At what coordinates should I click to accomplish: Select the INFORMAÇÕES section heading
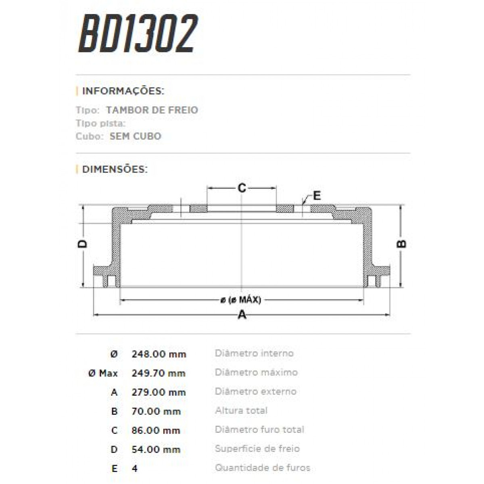tap(123, 91)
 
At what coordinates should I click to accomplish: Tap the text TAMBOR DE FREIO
tap(152, 110)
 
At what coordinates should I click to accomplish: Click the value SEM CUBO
tap(135, 136)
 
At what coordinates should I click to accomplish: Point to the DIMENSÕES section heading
tap(115, 169)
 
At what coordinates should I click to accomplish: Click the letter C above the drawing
tap(242, 188)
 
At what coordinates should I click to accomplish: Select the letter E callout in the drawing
tap(317, 196)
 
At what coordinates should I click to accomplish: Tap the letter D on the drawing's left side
tap(82, 244)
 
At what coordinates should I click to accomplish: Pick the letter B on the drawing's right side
tap(402, 244)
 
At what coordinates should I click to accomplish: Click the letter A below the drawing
tap(242, 315)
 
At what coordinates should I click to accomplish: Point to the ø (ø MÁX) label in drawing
tap(241, 300)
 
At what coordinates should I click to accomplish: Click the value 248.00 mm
tap(159, 354)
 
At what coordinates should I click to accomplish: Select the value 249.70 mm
tap(159, 373)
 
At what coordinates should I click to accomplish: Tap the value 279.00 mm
tap(159, 392)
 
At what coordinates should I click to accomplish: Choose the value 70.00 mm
tap(156, 411)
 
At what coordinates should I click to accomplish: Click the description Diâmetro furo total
tap(259, 430)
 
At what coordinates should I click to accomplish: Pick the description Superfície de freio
tap(257, 449)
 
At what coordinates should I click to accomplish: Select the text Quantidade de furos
tap(262, 468)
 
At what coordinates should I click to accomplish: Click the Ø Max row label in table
tap(103, 373)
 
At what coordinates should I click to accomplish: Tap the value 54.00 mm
tap(156, 449)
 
